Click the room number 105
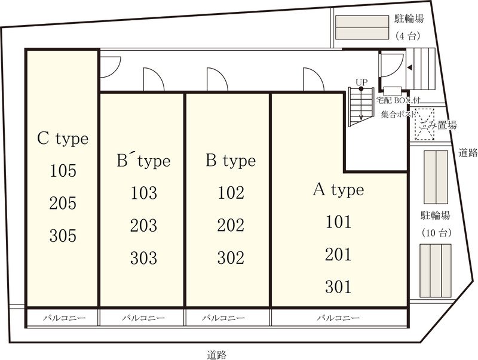(63, 171)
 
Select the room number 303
(143, 258)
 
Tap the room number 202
(231, 226)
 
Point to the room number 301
(338, 287)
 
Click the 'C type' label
(63, 139)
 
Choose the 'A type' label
(338, 190)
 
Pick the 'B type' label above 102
(231, 161)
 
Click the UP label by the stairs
(361, 82)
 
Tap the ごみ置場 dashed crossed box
(424, 124)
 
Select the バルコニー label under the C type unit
(65, 318)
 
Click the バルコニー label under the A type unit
(338, 318)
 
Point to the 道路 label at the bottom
(217, 355)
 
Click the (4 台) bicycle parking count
(407, 36)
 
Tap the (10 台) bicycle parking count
(436, 233)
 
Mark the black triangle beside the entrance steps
(410, 67)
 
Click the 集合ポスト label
(398, 114)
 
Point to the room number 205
(63, 203)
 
